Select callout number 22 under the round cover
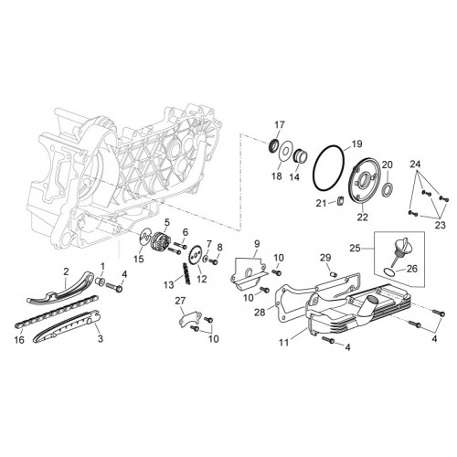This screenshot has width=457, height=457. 363,217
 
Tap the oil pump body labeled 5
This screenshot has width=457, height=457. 161,240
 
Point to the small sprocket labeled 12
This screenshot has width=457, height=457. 196,254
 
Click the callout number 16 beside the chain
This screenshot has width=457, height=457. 19,339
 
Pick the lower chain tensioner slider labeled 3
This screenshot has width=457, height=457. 67,327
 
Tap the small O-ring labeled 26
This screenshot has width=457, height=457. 388,271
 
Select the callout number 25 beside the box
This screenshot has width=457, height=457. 355,248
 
